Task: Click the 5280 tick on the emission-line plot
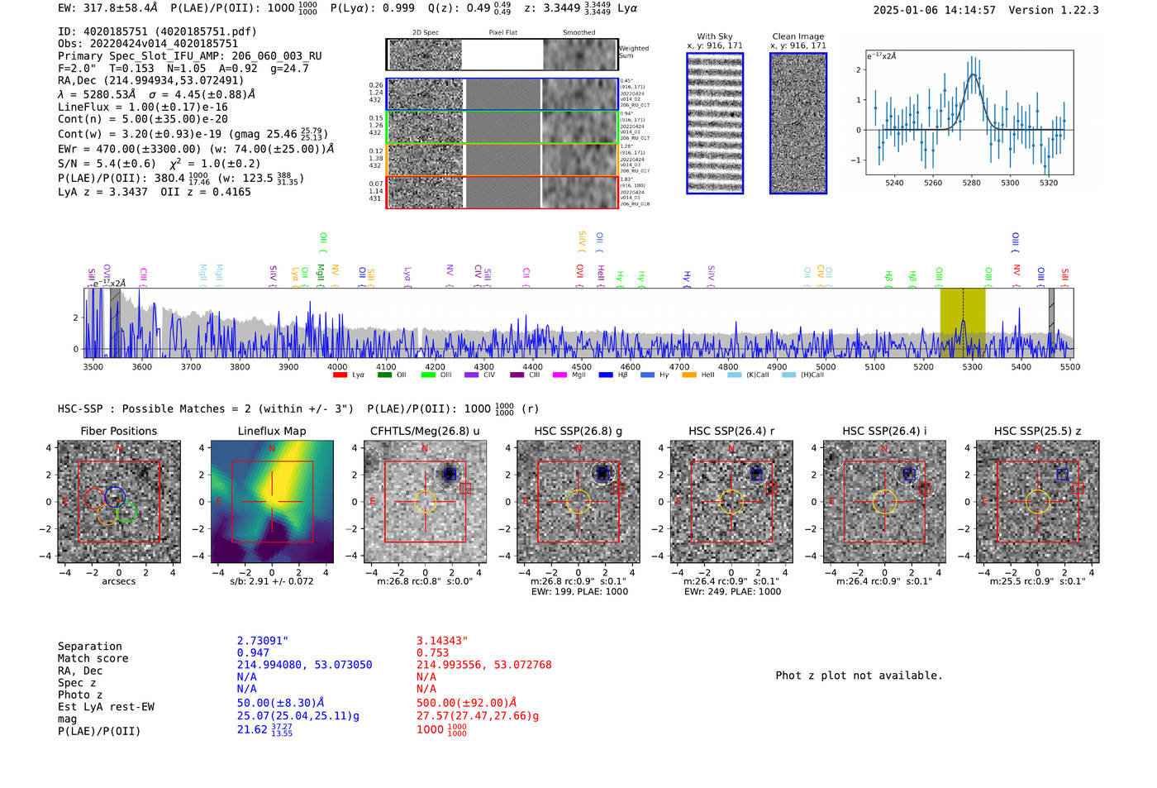point(971,183)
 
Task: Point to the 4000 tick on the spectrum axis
point(337,367)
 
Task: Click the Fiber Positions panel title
point(118,431)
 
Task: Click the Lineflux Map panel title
point(272,431)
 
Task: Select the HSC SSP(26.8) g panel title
point(578,431)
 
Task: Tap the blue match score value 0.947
point(253,653)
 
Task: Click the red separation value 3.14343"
point(442,641)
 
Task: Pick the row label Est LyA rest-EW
point(106,707)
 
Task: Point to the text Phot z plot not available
point(859,676)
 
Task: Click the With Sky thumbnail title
point(715,36)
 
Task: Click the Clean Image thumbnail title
point(798,36)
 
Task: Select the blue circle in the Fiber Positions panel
point(115,496)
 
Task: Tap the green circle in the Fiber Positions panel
point(126,513)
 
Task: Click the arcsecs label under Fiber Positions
point(118,581)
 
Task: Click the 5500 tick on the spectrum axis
point(1070,367)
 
